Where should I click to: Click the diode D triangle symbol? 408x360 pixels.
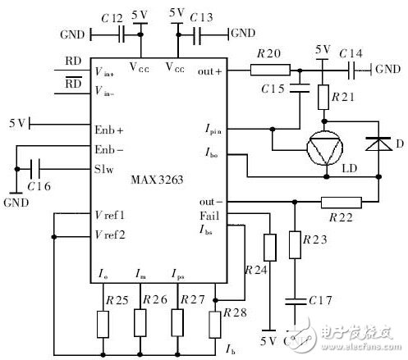(378, 145)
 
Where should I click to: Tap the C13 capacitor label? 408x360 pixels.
(200, 17)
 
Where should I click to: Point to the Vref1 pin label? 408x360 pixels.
(108, 215)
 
